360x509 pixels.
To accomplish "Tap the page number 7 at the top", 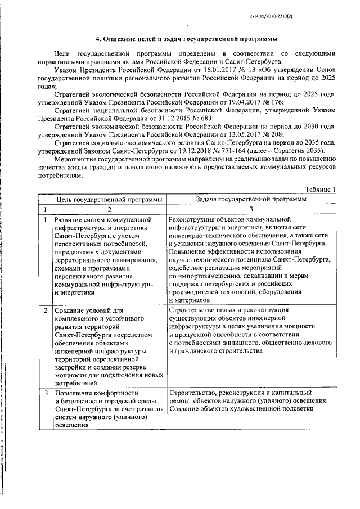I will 186,26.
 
